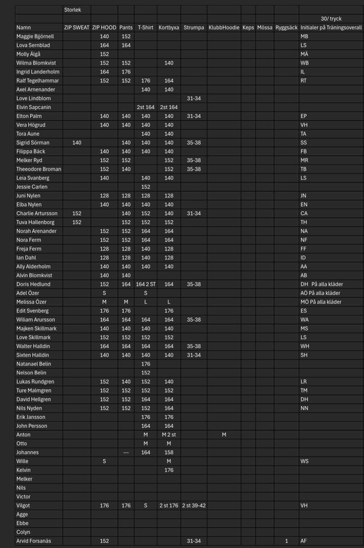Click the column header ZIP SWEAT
tap(76, 27)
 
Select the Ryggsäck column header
tap(286, 27)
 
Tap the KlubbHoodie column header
tap(224, 27)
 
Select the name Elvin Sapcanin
tap(34, 107)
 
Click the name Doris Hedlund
tap(33, 284)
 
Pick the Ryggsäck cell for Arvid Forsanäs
tap(286, 541)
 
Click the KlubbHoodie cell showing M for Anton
tap(224, 434)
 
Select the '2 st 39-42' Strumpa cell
tap(194, 505)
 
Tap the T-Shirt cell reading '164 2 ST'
tap(145, 284)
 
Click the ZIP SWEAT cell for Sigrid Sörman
tap(76, 142)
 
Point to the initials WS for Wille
tap(305, 461)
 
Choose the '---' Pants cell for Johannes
tap(126, 452)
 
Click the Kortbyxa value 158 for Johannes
tap(169, 452)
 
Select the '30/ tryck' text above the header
tap(331, 19)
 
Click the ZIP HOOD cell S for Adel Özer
tap(104, 293)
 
